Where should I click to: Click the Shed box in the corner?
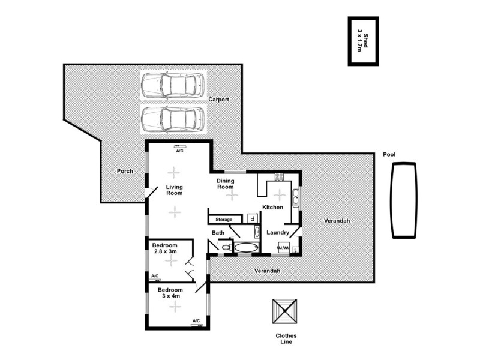(364, 41)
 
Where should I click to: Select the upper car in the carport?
(172, 86)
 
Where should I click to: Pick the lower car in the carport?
(172, 119)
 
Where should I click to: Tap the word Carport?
(219, 100)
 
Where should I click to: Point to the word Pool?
(389, 155)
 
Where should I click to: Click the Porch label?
(125, 171)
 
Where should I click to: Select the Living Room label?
(174, 190)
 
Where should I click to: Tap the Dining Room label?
(225, 183)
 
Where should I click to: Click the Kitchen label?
(272, 207)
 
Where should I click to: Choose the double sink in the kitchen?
(295, 198)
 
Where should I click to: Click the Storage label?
(224, 220)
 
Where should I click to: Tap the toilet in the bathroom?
(226, 246)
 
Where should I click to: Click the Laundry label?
(278, 233)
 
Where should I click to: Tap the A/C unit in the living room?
(179, 146)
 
